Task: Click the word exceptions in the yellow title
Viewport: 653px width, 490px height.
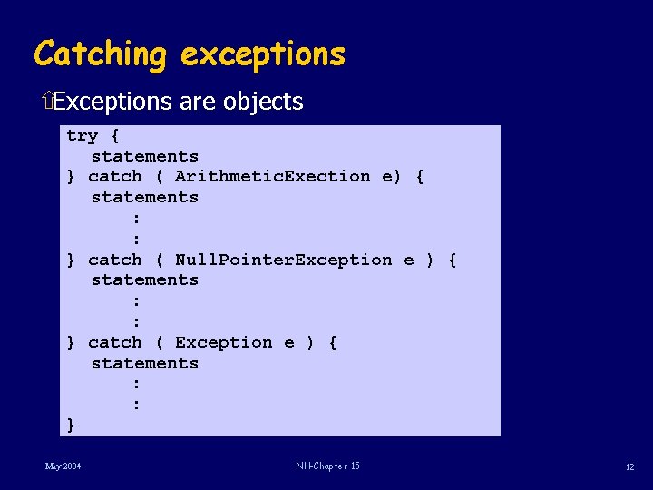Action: click(263, 54)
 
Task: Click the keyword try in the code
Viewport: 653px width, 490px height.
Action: click(82, 136)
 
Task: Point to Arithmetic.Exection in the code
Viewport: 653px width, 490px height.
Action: click(272, 176)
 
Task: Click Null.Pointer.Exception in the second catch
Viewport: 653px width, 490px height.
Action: click(283, 260)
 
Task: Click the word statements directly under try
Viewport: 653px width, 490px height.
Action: click(144, 156)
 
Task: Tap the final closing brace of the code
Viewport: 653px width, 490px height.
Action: click(71, 425)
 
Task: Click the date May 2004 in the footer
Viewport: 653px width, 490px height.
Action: click(63, 466)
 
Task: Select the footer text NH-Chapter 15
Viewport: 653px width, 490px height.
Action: click(327, 466)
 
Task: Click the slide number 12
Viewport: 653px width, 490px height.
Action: click(629, 466)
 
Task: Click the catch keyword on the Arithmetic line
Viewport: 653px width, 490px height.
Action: click(115, 176)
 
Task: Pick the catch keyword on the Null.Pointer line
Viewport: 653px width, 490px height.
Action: click(115, 260)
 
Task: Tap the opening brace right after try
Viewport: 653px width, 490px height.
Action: click(114, 136)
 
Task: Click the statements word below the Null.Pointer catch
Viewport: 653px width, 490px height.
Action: click(144, 280)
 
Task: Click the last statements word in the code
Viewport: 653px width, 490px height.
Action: click(144, 363)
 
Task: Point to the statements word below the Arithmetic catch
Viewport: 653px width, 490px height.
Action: click(144, 197)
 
